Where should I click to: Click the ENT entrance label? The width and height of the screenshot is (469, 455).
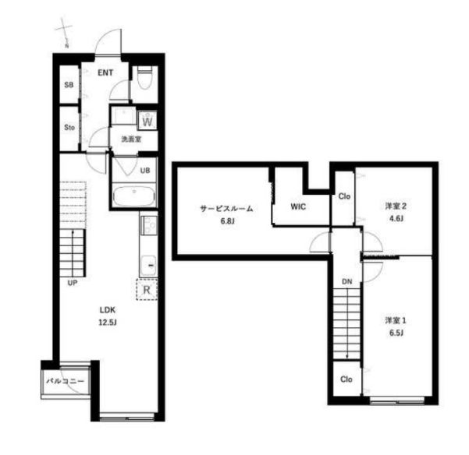coord(105,72)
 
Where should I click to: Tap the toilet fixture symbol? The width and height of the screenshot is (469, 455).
coord(144,77)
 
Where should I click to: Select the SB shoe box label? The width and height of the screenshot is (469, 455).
coord(69,85)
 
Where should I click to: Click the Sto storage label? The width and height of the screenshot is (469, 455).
coord(69,128)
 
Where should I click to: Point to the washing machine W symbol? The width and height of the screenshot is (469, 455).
coord(147,121)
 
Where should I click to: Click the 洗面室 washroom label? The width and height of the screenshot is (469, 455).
coord(131,139)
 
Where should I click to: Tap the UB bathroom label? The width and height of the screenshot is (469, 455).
coord(145,171)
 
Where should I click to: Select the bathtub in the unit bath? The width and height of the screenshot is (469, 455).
coord(134,196)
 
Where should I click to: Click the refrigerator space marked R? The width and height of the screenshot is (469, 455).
coord(147,289)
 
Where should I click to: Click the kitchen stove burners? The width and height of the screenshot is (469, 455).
coord(149,225)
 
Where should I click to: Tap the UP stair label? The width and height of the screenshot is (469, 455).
coord(73,283)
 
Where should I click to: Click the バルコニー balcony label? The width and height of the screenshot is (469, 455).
coord(66,381)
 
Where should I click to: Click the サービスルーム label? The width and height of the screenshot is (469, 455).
coord(226,208)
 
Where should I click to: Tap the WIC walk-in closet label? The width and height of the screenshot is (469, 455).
coord(298,206)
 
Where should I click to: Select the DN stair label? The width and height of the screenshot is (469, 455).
coord(347,281)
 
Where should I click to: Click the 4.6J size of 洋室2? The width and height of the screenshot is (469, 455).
coord(396,219)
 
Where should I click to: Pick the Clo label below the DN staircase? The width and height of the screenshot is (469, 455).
coord(346,379)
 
